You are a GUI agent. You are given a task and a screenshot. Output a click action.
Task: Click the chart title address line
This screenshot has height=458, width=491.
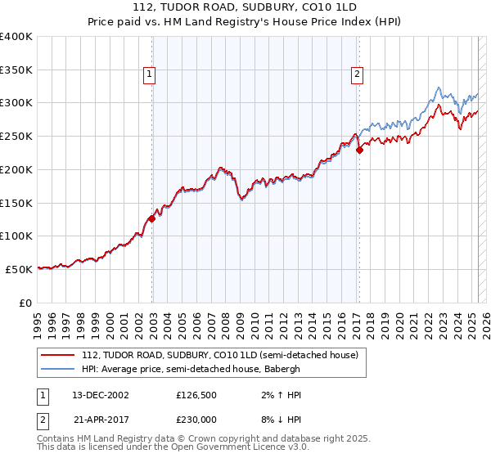tap(245, 7)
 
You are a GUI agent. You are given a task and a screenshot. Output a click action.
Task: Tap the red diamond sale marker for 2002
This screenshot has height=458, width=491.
tap(151, 218)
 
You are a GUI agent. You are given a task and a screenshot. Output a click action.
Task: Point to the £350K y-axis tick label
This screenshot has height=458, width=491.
tap(16, 70)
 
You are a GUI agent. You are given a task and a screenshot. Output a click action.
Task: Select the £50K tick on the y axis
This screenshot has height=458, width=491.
tap(20, 269)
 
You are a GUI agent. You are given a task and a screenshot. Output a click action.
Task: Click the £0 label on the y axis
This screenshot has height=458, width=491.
tap(26, 303)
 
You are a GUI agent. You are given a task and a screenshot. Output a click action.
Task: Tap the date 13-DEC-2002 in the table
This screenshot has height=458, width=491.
tap(101, 394)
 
